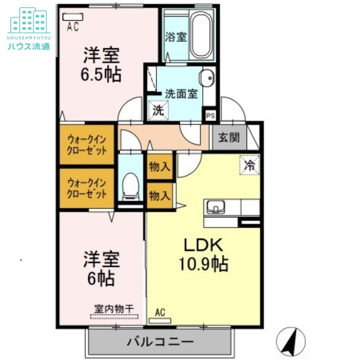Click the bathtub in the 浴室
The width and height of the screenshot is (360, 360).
coord(202,35)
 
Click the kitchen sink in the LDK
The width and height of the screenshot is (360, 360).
coord(216,207)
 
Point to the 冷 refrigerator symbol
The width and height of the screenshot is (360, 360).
coord(249,165)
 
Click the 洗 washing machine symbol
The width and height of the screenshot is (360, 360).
coord(158,111)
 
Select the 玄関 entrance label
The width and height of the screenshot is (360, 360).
coord(229,138)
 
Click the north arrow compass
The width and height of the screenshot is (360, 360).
coord(291,342)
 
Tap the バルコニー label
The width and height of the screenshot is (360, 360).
coord(161,342)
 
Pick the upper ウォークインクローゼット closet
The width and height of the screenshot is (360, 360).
coord(87,144)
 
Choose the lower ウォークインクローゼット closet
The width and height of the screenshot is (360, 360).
coord(87,188)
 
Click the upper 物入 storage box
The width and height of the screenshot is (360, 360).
coord(160,166)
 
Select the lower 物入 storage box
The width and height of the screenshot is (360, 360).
coord(160,196)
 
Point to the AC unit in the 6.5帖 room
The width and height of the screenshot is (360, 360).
coord(73,17)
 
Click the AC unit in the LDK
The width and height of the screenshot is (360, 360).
coord(160,320)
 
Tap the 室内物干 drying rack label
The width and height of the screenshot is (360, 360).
coord(114,309)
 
